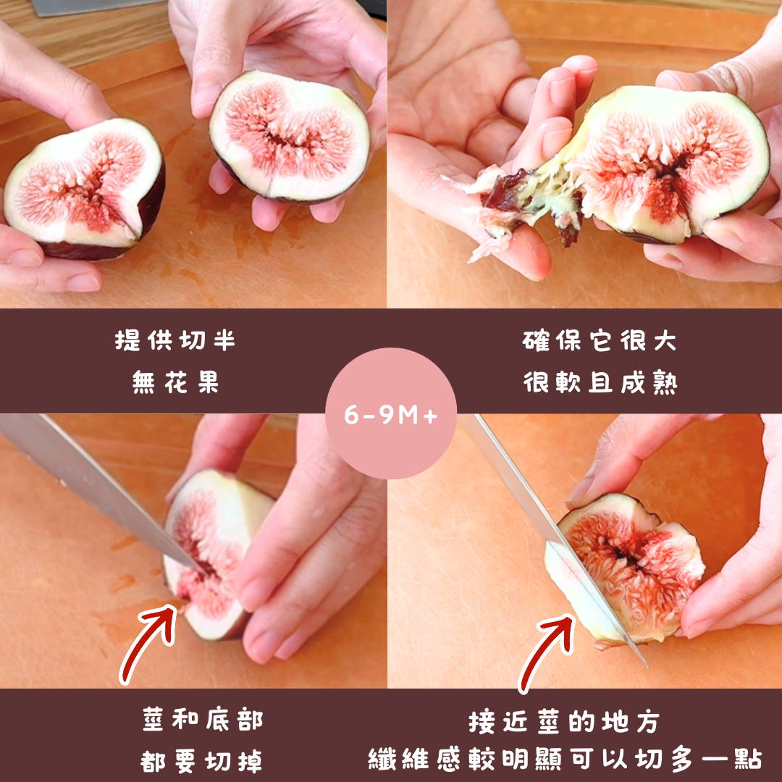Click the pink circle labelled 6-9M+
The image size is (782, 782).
coord(390,413)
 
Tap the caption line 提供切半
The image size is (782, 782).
coord(175,340)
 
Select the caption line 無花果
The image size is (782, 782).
coord(175,383)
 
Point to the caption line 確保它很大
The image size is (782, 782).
coord(600,340)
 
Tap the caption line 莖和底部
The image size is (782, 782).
coord(203,720)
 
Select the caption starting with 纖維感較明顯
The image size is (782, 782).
coord(565,760)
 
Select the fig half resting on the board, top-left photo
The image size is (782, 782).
coord(84,188)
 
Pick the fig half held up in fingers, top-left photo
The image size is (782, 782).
coord(289,137)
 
